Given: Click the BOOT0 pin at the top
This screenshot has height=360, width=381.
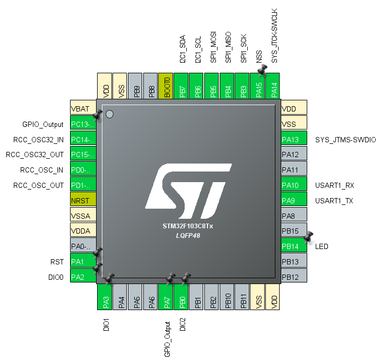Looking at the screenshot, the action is tap(166, 86).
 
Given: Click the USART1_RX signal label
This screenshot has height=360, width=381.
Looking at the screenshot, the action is tap(335, 185).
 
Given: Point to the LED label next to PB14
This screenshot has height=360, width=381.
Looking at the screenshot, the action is tap(322, 246).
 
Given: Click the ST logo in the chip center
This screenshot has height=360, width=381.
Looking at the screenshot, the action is tap(188, 191).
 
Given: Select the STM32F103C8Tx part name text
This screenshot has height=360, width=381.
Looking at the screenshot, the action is tap(188, 226).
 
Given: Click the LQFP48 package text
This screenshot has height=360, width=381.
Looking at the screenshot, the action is tap(188, 236).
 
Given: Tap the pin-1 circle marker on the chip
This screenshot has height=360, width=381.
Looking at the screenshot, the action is tap(110, 114).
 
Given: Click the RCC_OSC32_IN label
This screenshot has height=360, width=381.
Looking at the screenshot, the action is tap(38, 140).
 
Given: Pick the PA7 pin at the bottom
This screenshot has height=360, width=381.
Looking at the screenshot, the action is tap(166, 297).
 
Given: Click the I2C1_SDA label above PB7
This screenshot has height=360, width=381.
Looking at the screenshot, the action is tap(183, 49).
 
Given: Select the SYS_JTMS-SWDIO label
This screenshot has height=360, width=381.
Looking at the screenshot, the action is tap(345, 140).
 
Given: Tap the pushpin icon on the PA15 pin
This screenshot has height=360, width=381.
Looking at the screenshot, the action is tap(262, 70).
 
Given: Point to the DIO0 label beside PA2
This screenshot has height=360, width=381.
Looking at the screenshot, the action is tap(56, 277).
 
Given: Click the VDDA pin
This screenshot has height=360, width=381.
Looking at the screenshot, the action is tap(83, 230).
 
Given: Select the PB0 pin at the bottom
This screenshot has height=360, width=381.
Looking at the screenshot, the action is tap(181, 297).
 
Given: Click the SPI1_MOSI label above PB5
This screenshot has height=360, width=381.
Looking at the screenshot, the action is tap(213, 47).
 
